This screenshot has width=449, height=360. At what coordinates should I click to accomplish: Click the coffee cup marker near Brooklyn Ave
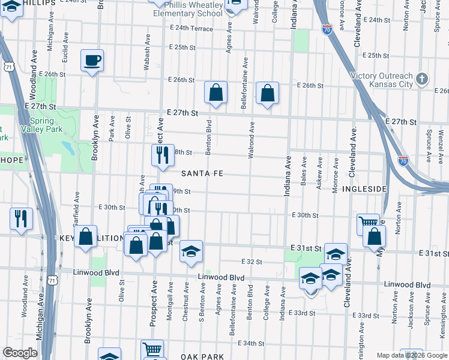point(92,61)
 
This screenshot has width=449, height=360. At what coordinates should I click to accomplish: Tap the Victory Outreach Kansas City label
point(383,80)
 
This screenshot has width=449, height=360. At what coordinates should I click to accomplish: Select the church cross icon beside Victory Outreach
point(423,79)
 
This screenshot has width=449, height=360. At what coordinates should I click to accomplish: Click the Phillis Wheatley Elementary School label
point(187,13)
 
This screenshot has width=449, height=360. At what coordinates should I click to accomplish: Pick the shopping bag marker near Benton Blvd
point(216,92)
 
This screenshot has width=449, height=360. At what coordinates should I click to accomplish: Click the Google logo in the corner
point(20,353)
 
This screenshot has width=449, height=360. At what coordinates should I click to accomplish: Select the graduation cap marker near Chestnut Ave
point(191,251)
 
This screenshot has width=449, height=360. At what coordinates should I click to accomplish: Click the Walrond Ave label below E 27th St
point(253,139)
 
